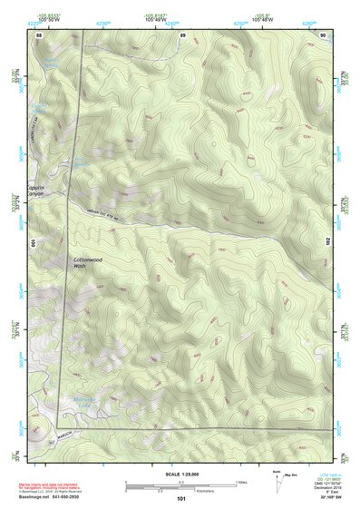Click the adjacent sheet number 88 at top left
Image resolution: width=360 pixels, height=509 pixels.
(39, 34)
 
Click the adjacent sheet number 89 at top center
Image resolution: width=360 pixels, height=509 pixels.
(182, 34)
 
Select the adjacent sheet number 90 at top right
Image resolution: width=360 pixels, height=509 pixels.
(324, 34)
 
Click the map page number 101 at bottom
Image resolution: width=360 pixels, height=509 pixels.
(181, 498)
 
